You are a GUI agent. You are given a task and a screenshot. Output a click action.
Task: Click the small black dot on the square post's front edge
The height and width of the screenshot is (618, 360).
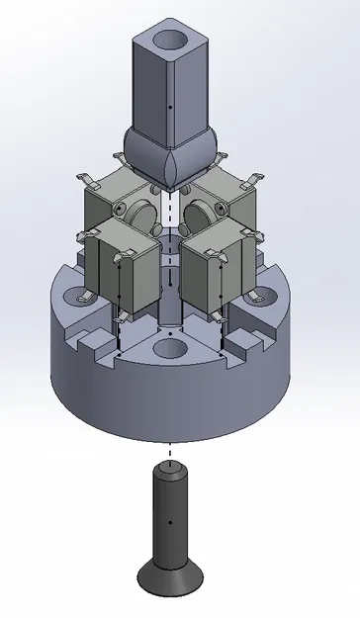(x=172, y=104)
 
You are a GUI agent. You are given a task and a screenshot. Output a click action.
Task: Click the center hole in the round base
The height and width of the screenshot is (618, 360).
(x=171, y=349)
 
